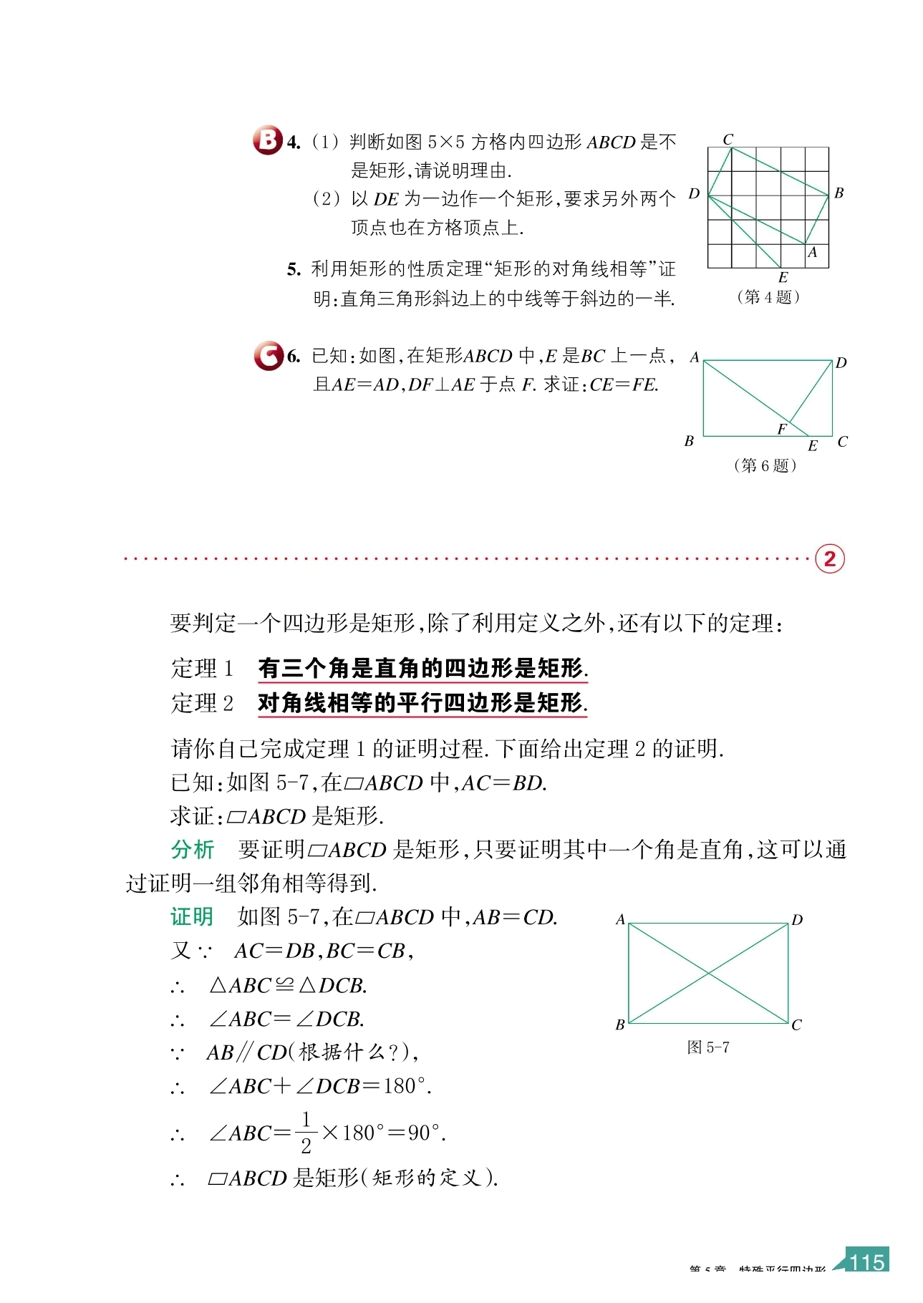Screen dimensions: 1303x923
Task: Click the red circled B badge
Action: pos(267,140)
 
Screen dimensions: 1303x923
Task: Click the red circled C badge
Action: pos(269,355)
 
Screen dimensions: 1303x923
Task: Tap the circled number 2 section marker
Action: pos(830,558)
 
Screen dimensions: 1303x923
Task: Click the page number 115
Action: pos(867,1261)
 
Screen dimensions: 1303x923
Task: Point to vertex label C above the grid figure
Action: pos(728,139)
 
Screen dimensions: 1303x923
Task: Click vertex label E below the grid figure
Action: pos(783,278)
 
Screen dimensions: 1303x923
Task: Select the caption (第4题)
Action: pos(768,297)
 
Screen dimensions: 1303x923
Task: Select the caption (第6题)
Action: pos(765,466)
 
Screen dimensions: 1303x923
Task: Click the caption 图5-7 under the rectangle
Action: pos(708,1047)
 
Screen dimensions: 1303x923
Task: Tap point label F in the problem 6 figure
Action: pos(781,429)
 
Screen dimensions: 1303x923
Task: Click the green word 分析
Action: pos(193,850)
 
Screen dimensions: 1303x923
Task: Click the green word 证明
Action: pos(192,917)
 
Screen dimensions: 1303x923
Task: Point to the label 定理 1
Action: pos(202,669)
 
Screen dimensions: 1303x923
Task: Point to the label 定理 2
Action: pos(202,704)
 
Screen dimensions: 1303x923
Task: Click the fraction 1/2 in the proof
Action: pos(306,1133)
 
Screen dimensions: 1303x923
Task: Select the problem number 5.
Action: pos(294,270)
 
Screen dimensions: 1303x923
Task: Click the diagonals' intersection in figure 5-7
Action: pos(708,973)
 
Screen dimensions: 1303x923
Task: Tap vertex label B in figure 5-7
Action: pos(620,1025)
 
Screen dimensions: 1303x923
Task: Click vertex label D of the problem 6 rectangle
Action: pos(841,363)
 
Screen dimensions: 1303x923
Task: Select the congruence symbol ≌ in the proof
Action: pos(284,986)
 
